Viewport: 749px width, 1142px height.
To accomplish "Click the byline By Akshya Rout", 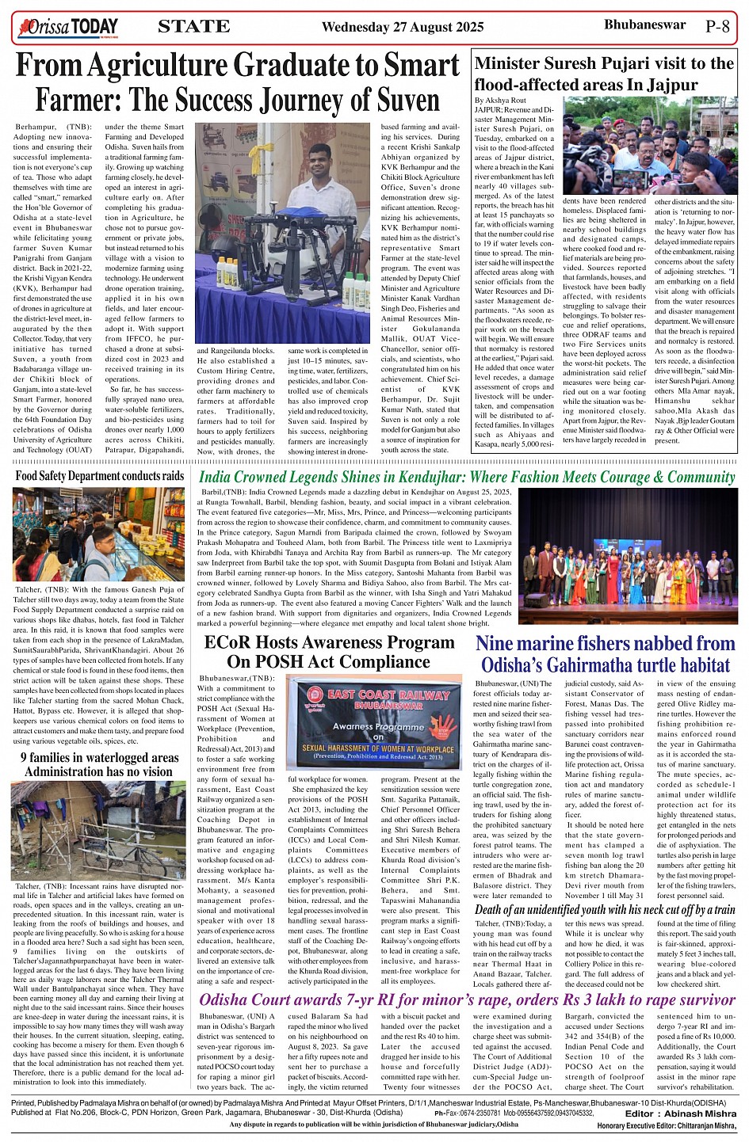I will pos(500,101).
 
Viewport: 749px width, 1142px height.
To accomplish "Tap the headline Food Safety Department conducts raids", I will pos(100,476).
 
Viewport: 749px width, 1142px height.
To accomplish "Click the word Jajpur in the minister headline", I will pos(671,85).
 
